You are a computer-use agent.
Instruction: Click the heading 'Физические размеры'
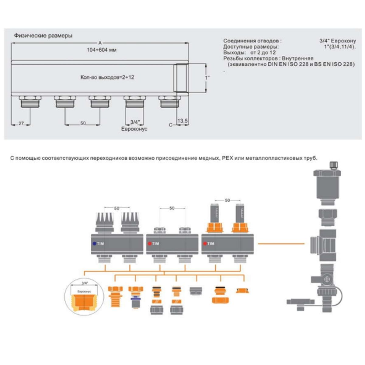[43, 36]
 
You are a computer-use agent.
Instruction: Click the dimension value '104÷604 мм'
[102, 50]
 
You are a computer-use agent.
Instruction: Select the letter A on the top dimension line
[100, 43]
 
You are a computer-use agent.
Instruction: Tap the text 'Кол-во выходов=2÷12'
[107, 77]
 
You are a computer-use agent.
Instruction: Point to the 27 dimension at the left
[21, 123]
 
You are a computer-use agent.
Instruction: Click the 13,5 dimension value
[182, 121]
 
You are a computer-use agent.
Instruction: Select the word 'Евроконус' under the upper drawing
[134, 129]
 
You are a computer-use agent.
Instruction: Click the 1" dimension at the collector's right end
[207, 78]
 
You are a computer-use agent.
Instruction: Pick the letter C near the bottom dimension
[171, 125]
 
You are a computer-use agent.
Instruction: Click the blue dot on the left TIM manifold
[94, 244]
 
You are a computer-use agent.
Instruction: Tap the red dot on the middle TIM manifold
[149, 244]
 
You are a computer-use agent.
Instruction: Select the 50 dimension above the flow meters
[227, 200]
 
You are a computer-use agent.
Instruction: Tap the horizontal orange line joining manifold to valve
[281, 244]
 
